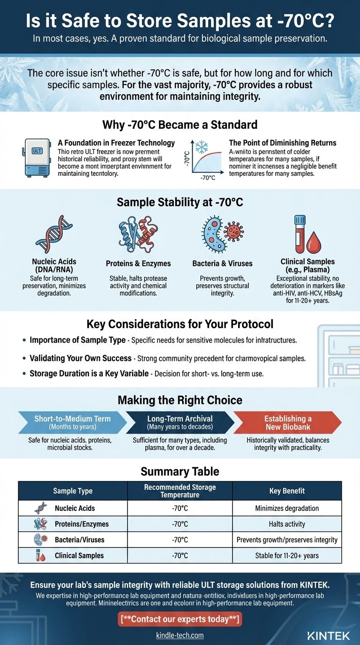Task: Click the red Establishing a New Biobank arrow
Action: tap(286, 422)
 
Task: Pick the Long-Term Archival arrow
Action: tap(180, 422)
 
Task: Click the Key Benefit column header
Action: tap(287, 491)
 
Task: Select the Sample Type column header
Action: tap(73, 491)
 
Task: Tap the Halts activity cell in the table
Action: tap(287, 524)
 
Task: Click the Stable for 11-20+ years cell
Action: tap(287, 555)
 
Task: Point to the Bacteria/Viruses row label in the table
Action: tap(79, 540)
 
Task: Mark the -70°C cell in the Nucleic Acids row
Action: tap(180, 508)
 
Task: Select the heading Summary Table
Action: tap(180, 471)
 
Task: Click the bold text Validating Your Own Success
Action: tap(81, 358)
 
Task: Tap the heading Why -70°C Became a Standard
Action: tap(180, 125)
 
